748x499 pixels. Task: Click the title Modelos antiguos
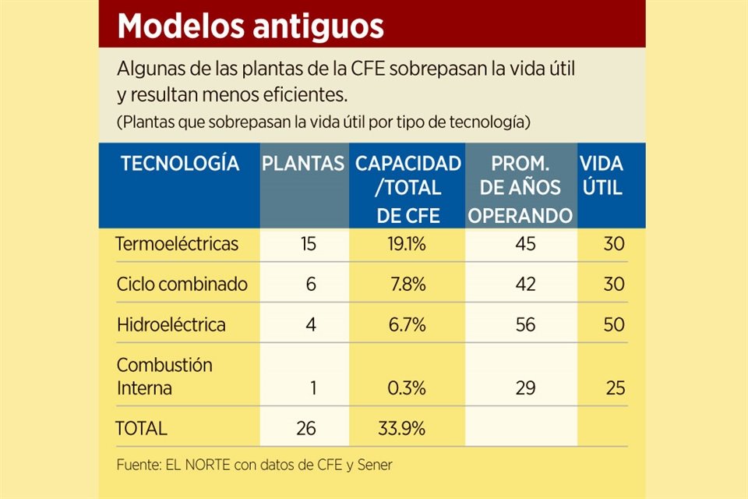click(x=250, y=27)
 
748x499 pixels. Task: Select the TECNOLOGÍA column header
click(x=179, y=164)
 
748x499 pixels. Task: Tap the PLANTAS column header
click(x=303, y=164)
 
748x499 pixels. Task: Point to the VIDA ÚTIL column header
click(x=601, y=175)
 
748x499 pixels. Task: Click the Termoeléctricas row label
click(x=177, y=244)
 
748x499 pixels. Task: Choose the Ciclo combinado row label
click(x=182, y=284)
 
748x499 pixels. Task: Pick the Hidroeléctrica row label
click(x=171, y=324)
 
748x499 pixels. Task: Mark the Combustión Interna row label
click(x=164, y=376)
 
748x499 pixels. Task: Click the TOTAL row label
click(x=141, y=428)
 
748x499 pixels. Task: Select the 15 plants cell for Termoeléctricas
click(x=308, y=244)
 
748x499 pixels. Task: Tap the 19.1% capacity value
click(x=407, y=244)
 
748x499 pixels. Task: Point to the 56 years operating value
click(x=525, y=324)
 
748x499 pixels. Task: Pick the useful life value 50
click(x=614, y=324)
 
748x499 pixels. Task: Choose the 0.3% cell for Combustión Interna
click(x=407, y=388)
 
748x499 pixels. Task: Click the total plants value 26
click(x=306, y=428)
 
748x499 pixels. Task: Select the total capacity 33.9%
click(x=403, y=428)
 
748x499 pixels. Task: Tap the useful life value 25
click(x=615, y=388)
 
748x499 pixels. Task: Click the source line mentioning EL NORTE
click(x=254, y=465)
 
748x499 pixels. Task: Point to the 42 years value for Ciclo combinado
click(x=525, y=284)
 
